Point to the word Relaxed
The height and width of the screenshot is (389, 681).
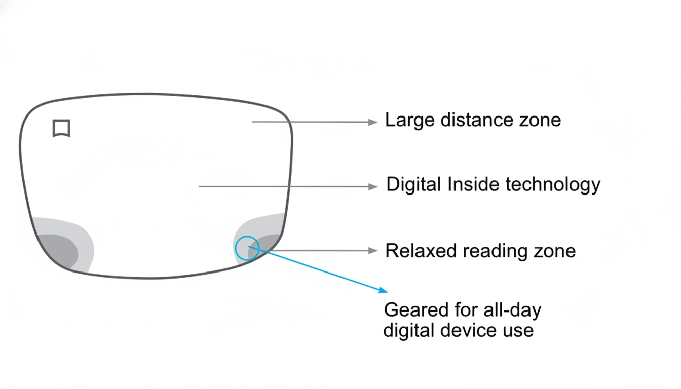click(421, 251)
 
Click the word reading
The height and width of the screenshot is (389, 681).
click(494, 252)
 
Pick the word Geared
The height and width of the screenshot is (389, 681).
click(416, 310)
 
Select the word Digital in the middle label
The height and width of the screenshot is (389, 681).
click(414, 185)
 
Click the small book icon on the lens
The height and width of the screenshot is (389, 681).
click(61, 128)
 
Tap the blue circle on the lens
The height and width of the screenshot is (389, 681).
click(247, 248)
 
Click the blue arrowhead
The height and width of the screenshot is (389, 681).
click(384, 290)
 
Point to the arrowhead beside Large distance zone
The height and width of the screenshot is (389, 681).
click(373, 122)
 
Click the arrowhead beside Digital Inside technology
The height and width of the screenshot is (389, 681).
click(373, 186)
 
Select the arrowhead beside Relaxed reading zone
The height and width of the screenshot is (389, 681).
click(373, 251)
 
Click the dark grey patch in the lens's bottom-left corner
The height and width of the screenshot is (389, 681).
click(58, 250)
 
